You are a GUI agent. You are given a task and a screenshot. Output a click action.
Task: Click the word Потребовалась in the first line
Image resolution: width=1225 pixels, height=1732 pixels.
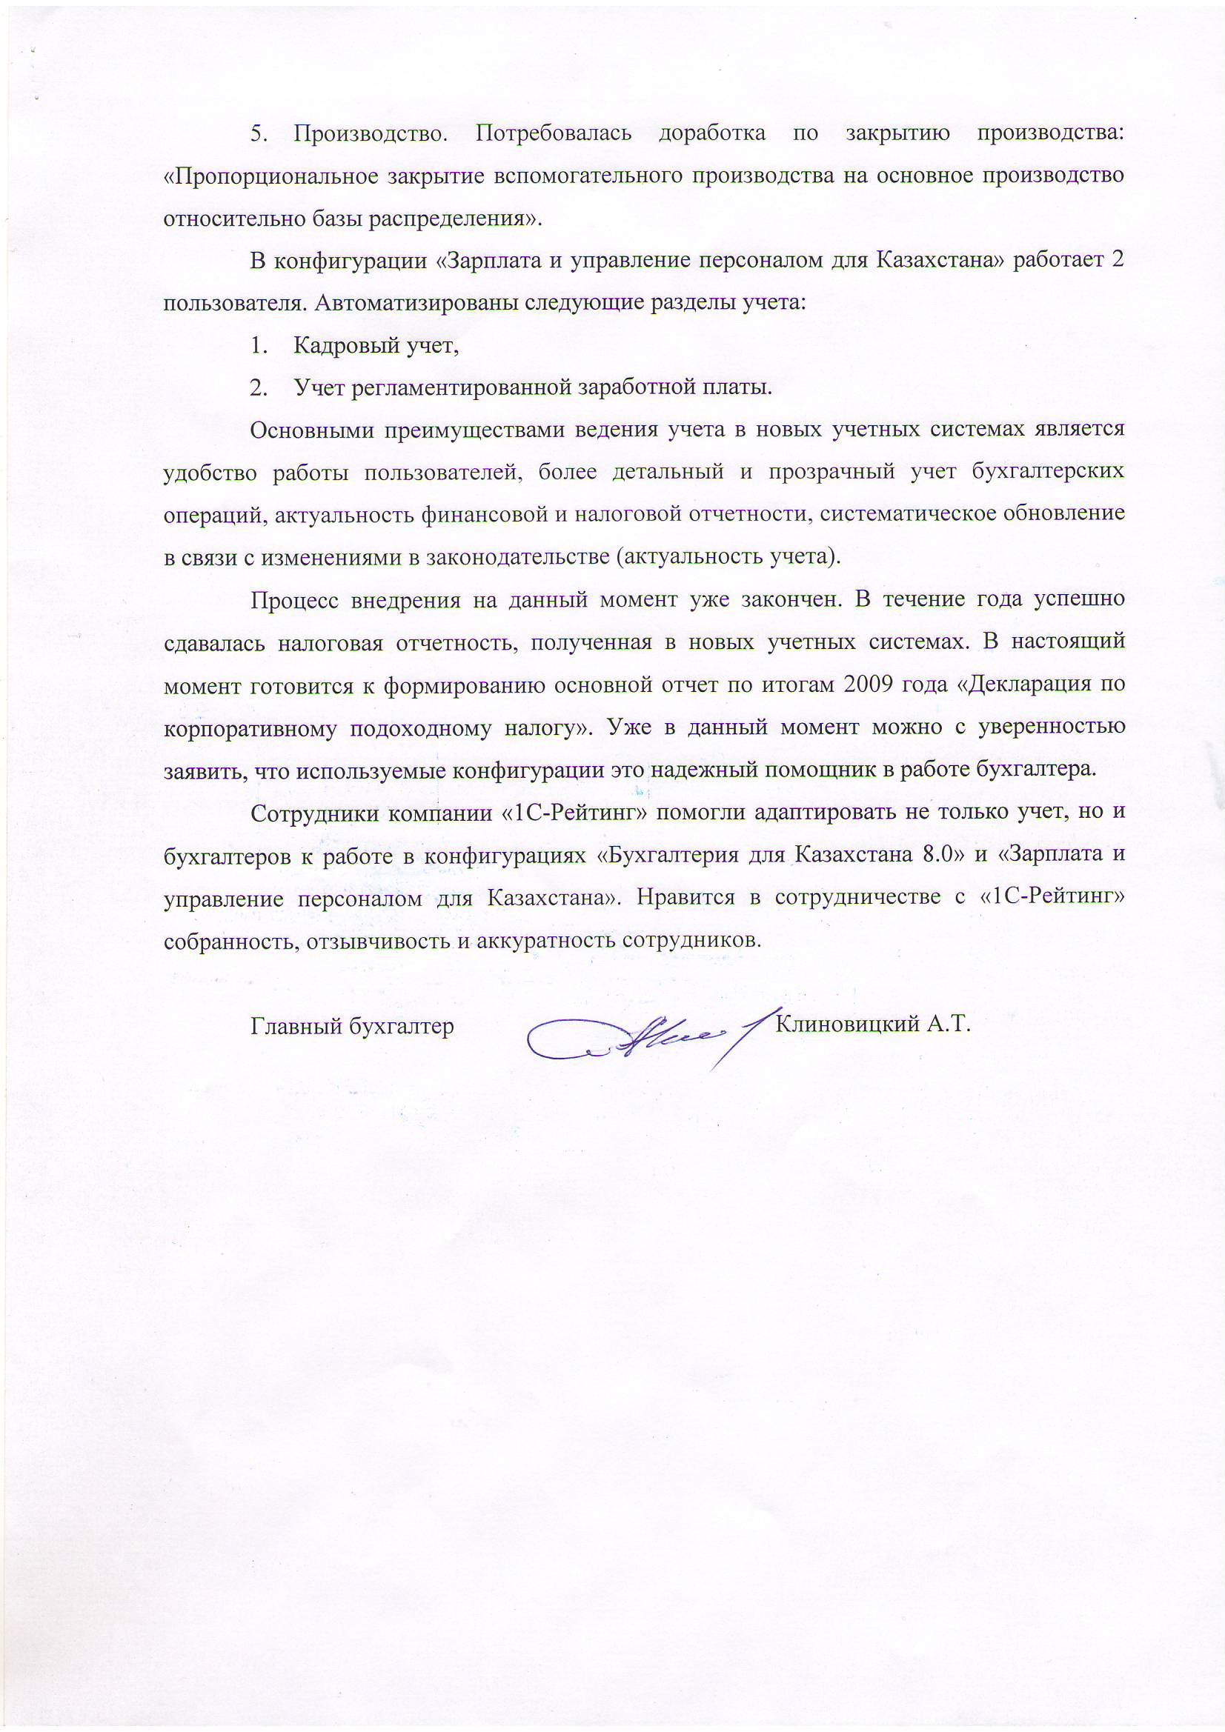coord(553,133)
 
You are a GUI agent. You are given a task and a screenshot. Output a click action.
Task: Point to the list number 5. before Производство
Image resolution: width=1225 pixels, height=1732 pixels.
coord(259,134)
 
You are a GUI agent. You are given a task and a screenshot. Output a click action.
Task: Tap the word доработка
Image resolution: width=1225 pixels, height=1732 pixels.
coord(711,133)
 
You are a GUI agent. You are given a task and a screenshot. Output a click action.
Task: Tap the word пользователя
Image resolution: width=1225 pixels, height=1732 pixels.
coord(234,303)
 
